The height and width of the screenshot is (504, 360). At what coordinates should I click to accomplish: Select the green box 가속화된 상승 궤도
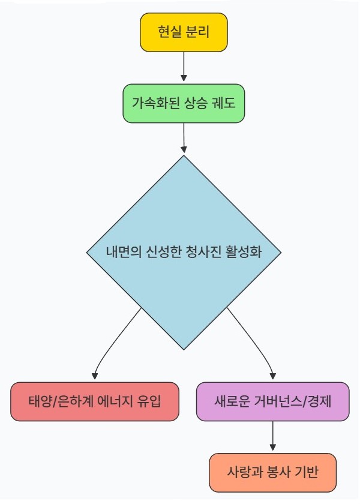tap(184, 104)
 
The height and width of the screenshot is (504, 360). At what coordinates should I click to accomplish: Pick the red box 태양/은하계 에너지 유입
tap(95, 401)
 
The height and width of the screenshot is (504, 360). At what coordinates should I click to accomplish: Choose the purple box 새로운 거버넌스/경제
tap(273, 401)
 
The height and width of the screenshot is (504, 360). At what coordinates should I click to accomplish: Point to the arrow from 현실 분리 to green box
tap(184, 66)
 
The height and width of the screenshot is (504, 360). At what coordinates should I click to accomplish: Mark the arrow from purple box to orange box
tap(273, 436)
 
